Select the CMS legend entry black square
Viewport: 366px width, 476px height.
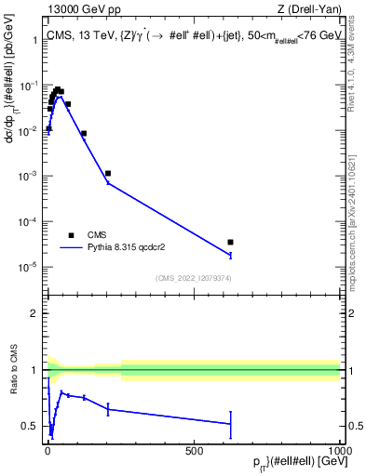click(x=71, y=235)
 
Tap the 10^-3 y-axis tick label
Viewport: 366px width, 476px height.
click(x=28, y=176)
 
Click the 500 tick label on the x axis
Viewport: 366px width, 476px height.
click(x=194, y=450)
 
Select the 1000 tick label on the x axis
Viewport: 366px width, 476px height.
click(x=339, y=450)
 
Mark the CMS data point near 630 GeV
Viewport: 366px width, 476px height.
click(x=230, y=242)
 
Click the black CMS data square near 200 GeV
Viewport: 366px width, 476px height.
click(x=108, y=173)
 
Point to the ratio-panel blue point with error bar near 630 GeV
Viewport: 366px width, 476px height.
click(x=230, y=424)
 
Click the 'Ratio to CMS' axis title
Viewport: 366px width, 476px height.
click(x=14, y=370)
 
